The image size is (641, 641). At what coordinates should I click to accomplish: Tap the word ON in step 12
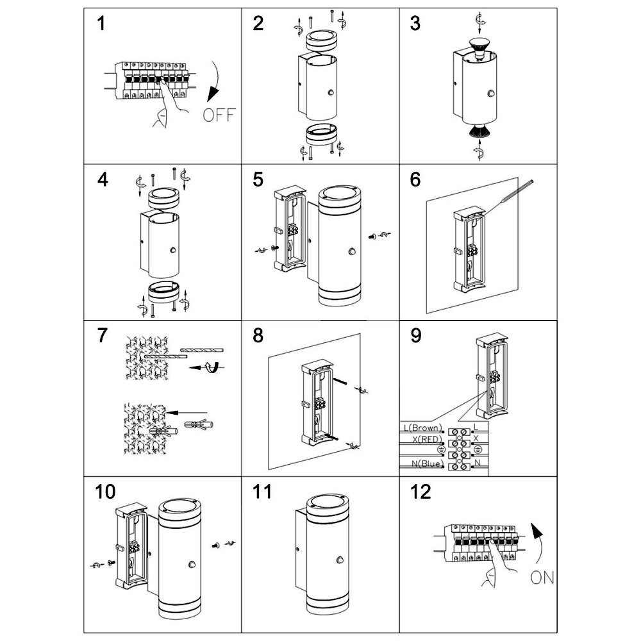coord(542,579)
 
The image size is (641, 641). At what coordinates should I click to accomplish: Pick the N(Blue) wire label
coord(424,463)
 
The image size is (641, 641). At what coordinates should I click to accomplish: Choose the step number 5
coord(258,179)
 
